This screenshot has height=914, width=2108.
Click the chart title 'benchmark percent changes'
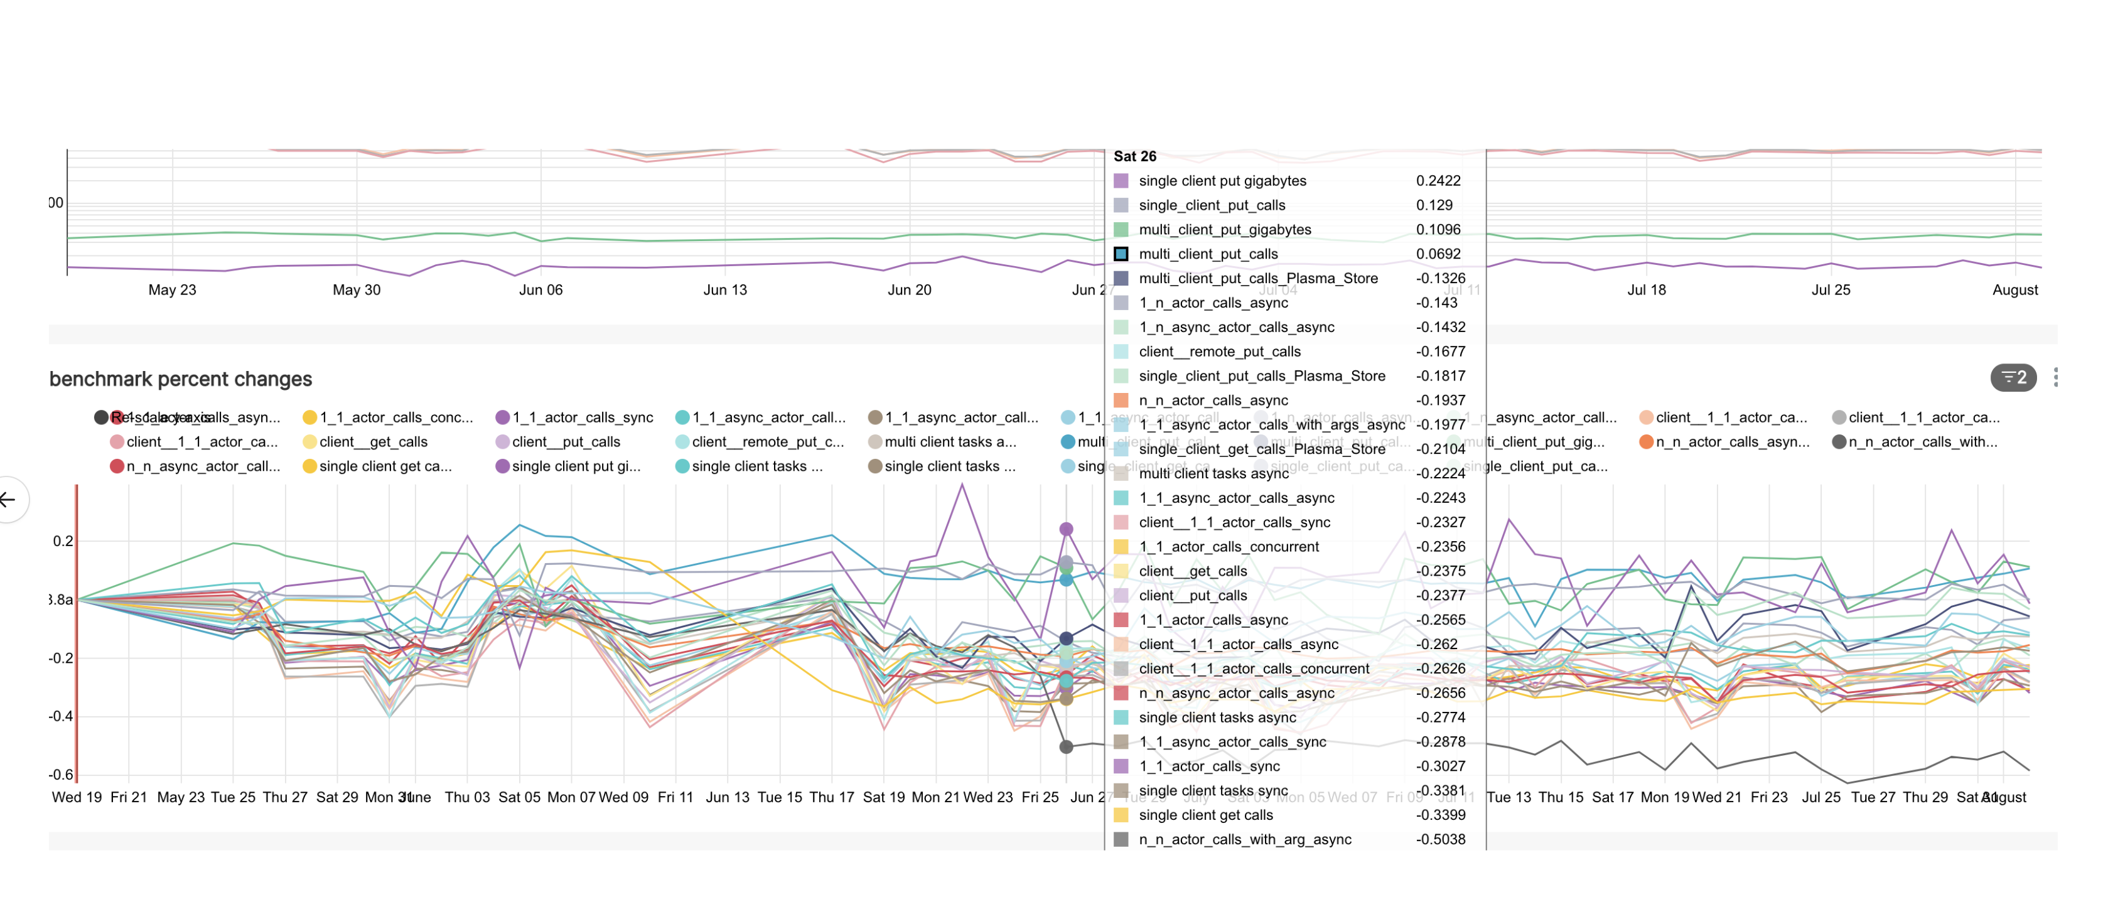(180, 379)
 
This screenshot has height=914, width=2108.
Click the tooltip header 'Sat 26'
(1134, 156)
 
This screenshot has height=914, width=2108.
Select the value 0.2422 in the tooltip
(1438, 181)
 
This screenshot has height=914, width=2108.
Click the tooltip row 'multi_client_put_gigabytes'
(1224, 230)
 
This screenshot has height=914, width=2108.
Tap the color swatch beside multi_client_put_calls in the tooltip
(1121, 254)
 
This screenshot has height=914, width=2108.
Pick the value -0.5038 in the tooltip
(1440, 839)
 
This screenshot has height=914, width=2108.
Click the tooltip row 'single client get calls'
(1205, 815)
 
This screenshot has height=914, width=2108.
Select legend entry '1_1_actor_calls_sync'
(582, 417)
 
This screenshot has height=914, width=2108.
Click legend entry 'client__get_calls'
(373, 442)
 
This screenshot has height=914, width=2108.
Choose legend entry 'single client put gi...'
(575, 466)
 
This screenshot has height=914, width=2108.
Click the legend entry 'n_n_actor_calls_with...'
(1922, 442)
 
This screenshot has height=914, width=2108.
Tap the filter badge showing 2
(2013, 377)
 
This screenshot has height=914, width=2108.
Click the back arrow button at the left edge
(8, 499)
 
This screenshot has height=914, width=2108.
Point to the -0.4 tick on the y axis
(60, 717)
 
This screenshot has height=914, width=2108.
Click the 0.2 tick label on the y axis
(63, 542)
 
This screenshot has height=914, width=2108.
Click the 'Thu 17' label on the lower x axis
(831, 797)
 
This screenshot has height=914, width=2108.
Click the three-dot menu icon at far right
(2056, 377)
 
